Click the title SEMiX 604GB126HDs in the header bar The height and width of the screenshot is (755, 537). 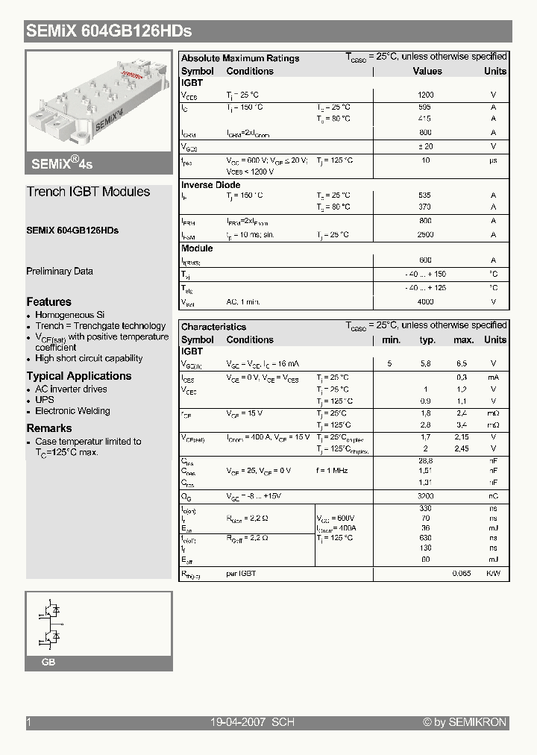(109, 31)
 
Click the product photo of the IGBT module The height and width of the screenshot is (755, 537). (98, 104)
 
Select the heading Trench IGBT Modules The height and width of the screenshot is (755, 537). (88, 192)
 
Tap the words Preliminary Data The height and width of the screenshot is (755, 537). (60, 272)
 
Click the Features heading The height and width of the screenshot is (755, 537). (48, 302)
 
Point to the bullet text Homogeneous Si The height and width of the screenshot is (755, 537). (70, 315)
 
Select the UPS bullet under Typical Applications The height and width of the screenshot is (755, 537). (45, 400)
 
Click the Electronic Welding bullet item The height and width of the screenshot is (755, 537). (72, 411)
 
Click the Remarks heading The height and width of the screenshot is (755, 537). (49, 428)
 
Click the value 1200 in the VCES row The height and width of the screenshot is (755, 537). (425, 95)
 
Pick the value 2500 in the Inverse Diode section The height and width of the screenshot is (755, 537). (425, 235)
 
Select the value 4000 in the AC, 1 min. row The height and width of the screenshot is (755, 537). (425, 302)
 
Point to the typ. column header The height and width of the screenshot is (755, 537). (427, 340)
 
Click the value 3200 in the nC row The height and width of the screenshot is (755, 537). (425, 496)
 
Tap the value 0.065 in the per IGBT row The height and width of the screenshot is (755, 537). (462, 574)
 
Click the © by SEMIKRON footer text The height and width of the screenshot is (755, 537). (465, 722)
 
